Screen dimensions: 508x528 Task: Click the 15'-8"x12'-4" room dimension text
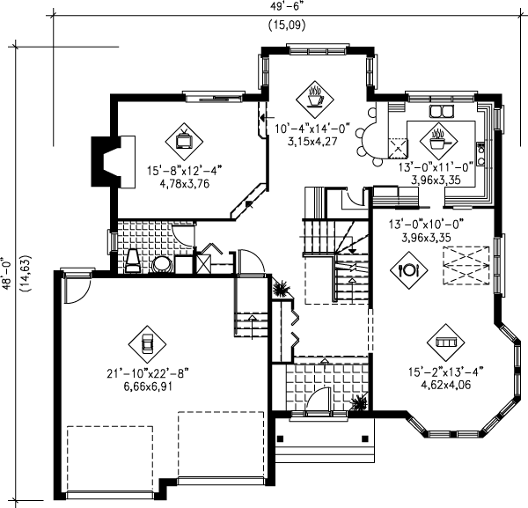tap(186, 173)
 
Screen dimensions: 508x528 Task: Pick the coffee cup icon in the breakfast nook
tap(314, 92)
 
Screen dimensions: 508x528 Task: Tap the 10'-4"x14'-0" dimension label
tap(313, 128)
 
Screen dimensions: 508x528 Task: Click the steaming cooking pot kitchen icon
tap(437, 136)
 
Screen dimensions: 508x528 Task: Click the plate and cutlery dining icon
tap(407, 270)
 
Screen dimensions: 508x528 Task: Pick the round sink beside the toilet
tap(162, 264)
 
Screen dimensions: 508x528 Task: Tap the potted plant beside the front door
tap(358, 402)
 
